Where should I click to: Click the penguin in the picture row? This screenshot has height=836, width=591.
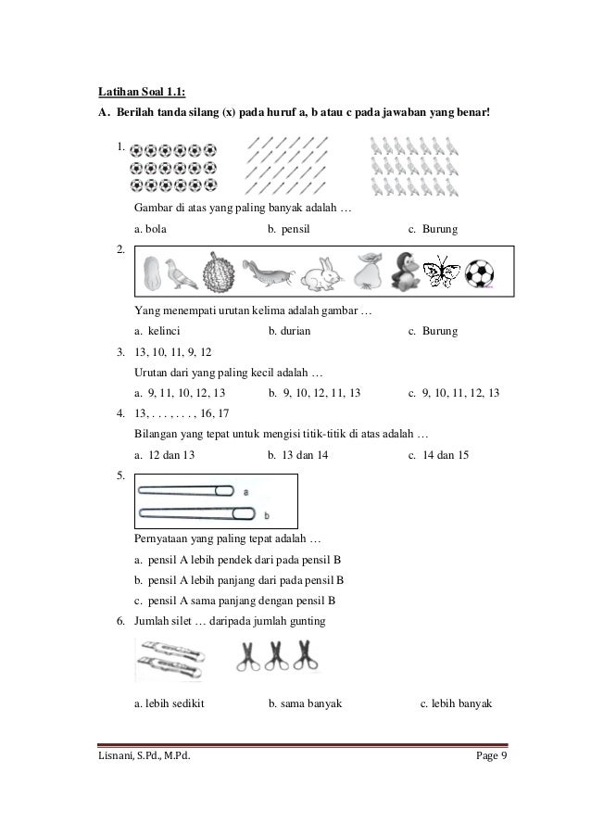[x=405, y=270]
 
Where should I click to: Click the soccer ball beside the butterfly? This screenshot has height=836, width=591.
[x=479, y=273]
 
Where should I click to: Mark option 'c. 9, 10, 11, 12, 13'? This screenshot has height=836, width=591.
[x=454, y=393]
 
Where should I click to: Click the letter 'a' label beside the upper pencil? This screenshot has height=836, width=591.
[x=244, y=490]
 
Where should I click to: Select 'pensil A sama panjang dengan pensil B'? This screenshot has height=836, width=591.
[x=239, y=601]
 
